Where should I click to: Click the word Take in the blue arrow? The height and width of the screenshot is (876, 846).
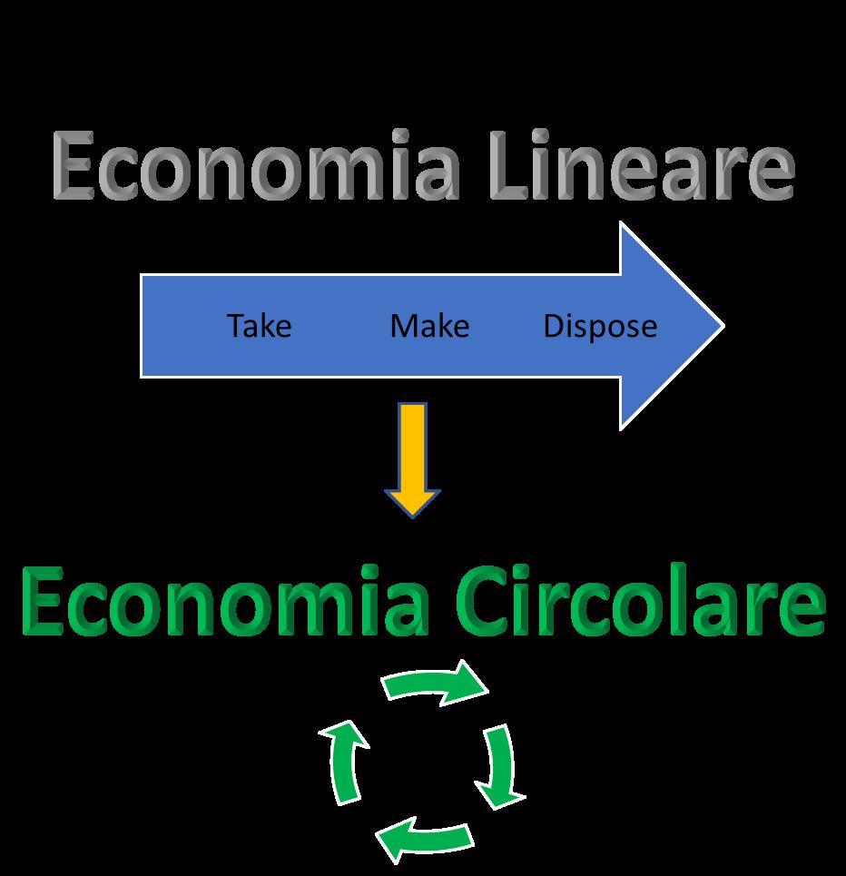pos(259,325)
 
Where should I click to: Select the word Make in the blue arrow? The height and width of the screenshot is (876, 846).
pos(429,325)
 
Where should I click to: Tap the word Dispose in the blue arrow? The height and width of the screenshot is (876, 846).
pos(600,326)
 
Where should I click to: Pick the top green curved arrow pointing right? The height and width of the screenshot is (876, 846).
pos(434,683)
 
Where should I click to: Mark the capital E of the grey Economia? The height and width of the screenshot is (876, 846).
pos(75,167)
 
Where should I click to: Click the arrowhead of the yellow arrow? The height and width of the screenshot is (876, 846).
pos(413,502)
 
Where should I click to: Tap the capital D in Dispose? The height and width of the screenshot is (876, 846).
pos(554,325)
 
